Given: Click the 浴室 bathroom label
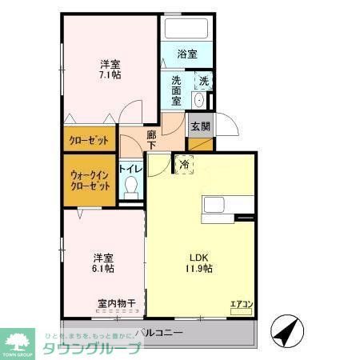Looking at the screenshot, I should click(186, 55).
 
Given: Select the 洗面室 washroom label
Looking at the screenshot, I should click(178, 90).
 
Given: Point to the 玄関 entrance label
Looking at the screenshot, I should click(200, 126).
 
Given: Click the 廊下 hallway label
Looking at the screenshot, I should click(151, 141).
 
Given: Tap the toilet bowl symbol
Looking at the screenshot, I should click(132, 188).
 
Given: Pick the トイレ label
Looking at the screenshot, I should click(130, 169).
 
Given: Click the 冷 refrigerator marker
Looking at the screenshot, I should click(184, 165).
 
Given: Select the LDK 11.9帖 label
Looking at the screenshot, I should click(199, 263).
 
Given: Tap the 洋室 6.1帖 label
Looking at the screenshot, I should click(102, 263).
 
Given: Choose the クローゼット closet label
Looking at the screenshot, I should click(89, 140).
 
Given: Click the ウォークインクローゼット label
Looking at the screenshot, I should click(90, 179).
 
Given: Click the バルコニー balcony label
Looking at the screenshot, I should click(159, 332).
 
